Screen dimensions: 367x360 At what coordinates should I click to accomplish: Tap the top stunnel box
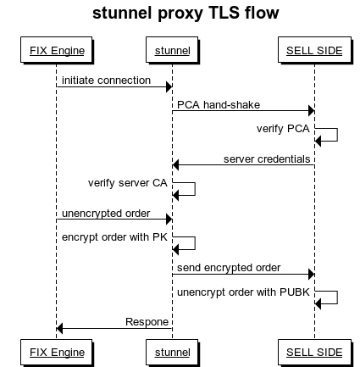coord(172,51)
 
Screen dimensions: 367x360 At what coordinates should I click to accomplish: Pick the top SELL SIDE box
coord(313,51)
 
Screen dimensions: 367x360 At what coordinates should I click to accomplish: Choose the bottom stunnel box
coord(172,351)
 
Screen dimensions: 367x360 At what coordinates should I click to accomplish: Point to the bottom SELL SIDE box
coord(313,351)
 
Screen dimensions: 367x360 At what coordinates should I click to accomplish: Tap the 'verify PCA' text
coord(284,131)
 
